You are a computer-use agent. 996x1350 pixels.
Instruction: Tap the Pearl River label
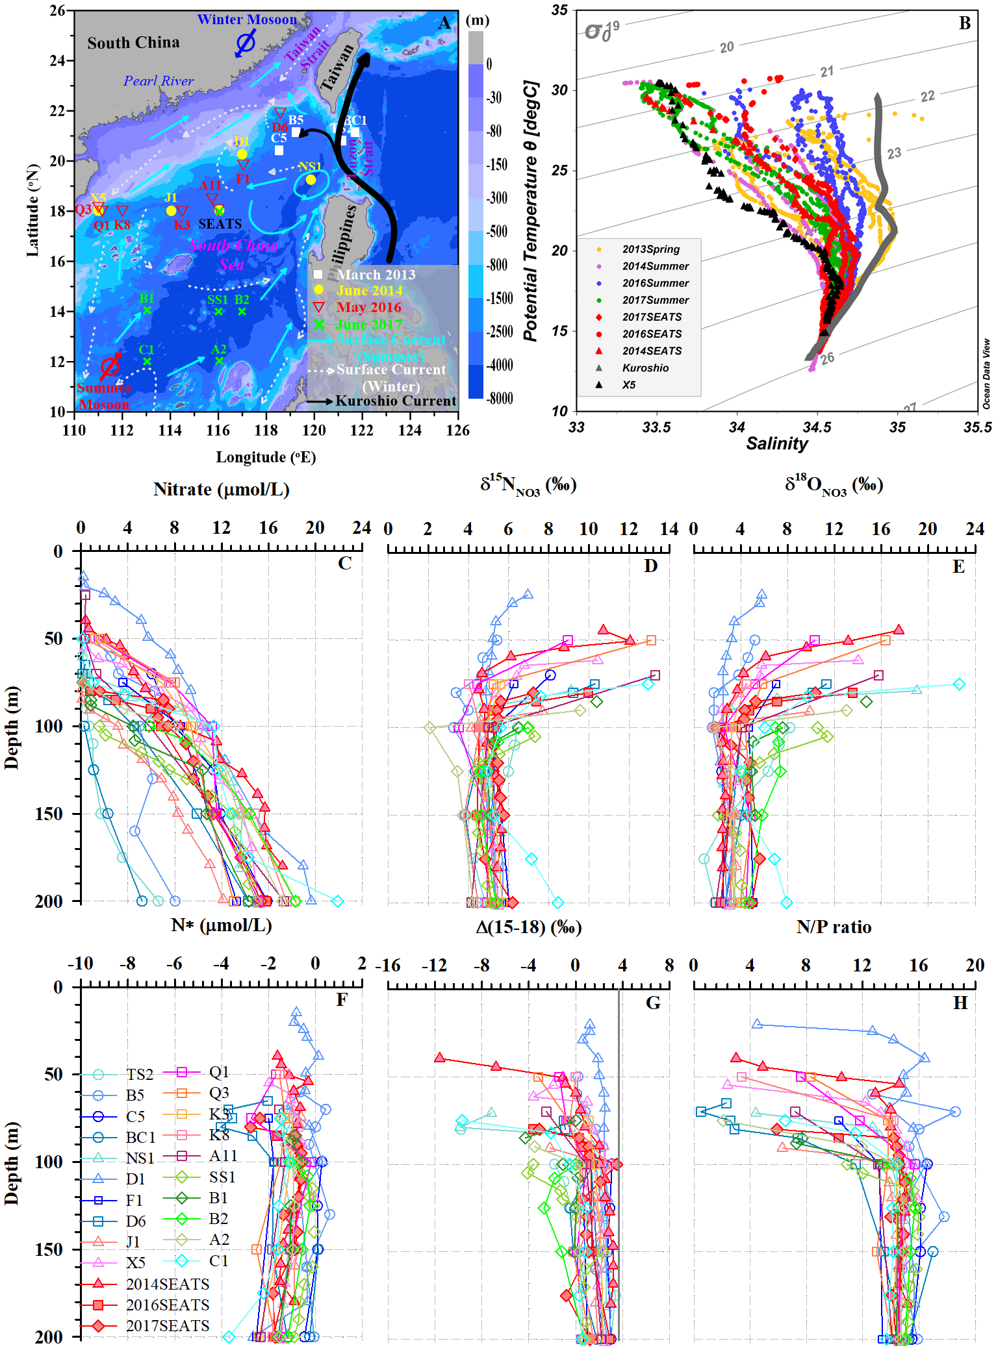tap(159, 81)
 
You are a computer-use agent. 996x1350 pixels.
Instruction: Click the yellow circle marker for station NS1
tap(311, 180)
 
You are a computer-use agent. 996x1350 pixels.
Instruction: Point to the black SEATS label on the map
tap(220, 224)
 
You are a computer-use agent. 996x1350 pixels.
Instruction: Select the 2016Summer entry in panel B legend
tap(655, 283)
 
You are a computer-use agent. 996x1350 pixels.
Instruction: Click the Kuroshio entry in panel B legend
tap(645, 368)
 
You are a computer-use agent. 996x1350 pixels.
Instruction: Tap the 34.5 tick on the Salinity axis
tap(817, 427)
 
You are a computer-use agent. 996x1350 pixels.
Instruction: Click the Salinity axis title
tap(776, 444)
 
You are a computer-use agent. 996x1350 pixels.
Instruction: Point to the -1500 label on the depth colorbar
tap(500, 298)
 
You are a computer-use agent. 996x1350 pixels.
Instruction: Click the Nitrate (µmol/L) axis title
tap(221, 490)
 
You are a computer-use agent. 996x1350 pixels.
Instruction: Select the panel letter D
tap(650, 566)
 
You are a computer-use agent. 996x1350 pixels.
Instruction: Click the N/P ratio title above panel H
tap(834, 927)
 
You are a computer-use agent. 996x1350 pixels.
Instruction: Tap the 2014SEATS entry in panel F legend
tap(167, 1284)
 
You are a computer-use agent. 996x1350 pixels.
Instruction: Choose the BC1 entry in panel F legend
tap(140, 1138)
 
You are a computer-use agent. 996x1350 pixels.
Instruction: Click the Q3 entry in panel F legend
tap(218, 1093)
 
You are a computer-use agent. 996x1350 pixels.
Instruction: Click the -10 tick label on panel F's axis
tap(81, 963)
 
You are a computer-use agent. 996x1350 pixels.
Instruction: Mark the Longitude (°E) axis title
tap(266, 457)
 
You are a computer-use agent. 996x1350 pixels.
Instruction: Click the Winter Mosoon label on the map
tap(247, 19)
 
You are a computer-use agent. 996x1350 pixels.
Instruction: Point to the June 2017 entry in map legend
tap(369, 324)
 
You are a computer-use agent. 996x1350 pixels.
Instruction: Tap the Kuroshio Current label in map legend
tap(396, 401)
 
